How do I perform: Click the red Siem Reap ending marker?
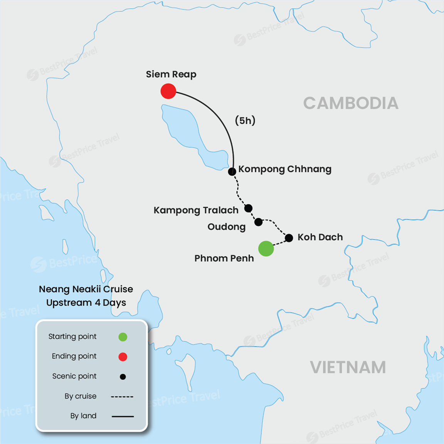coord(168,91)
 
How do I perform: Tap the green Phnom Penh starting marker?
coord(266,249)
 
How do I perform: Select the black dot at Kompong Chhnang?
coord(232,172)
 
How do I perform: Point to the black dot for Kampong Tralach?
coord(249,208)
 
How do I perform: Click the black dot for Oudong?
coord(259,222)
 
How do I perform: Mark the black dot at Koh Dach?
coord(289,238)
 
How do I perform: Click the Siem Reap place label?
coord(171,74)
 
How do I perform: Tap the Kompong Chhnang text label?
coord(285,169)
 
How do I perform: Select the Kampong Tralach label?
coord(196,210)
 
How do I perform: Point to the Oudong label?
coord(226,227)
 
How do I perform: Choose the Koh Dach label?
coord(320,237)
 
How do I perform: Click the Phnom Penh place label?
coord(224,258)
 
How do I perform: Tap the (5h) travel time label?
coord(245,121)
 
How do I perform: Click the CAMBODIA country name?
coord(351,103)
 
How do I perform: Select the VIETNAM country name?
coord(348,367)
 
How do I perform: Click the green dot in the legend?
coord(123,337)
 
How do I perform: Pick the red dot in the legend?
coord(123,357)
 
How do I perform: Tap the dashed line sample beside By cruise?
coord(122,397)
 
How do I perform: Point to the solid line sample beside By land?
coord(123,416)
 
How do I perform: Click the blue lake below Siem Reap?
coord(185,131)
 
